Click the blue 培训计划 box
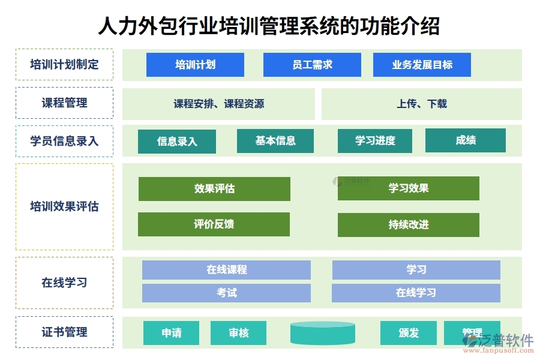click(x=195, y=65)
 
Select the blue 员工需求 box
click(x=312, y=65)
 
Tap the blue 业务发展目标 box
click(x=422, y=65)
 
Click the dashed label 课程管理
click(x=64, y=103)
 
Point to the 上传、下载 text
click(x=421, y=104)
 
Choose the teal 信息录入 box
click(x=176, y=142)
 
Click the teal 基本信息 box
click(x=275, y=141)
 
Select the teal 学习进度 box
click(x=375, y=141)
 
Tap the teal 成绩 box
click(x=465, y=140)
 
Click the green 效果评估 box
click(x=214, y=188)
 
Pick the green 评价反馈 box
click(x=214, y=224)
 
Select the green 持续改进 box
click(x=408, y=225)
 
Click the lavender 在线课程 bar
click(x=226, y=270)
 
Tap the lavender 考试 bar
click(x=226, y=293)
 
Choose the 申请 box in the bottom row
click(x=171, y=333)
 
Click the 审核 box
click(x=238, y=333)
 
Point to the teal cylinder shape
click(x=322, y=334)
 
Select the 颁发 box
click(x=408, y=333)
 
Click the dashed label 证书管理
click(x=64, y=332)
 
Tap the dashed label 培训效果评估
click(x=64, y=207)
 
